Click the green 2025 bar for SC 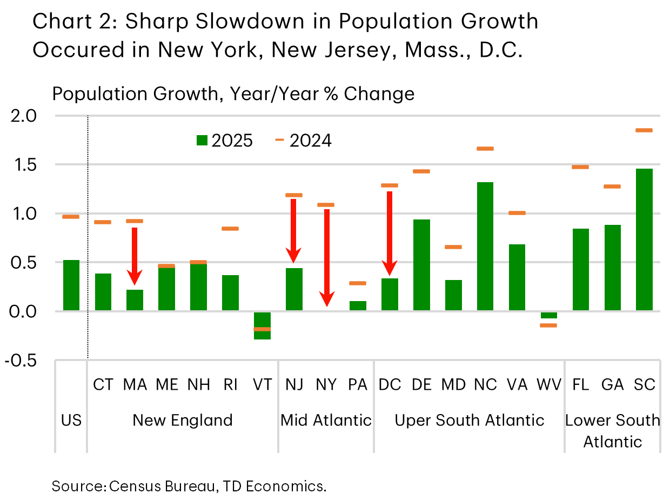coord(644,239)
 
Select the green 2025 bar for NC coord(485,246)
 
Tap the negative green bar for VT coord(262,325)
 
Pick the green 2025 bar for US coord(71,285)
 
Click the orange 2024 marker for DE coord(421,171)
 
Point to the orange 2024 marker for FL coord(580,167)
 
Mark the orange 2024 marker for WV coord(548,325)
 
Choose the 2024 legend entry coord(304,141)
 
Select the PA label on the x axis coord(358,384)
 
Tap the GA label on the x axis coord(612,384)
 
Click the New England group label coord(183,420)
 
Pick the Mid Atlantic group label coord(326,420)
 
